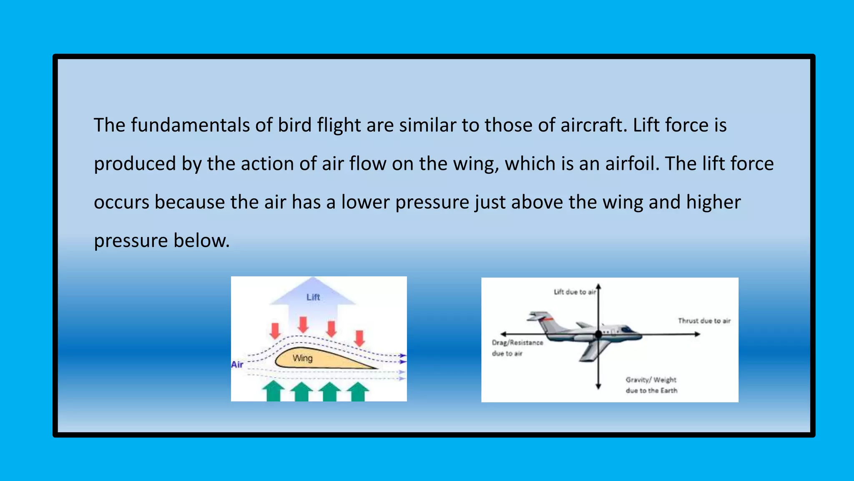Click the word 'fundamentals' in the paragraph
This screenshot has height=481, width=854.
pyautogui.click(x=190, y=125)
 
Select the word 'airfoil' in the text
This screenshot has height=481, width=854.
pyautogui.click(x=632, y=164)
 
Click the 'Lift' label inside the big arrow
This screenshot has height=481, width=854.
pyautogui.click(x=313, y=297)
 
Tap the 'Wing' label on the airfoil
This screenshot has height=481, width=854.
pyautogui.click(x=302, y=358)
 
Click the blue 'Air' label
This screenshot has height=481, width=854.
pyautogui.click(x=237, y=365)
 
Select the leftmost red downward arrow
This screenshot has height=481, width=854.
pyautogui.click(x=275, y=330)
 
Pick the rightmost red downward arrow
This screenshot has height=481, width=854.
pyautogui.click(x=359, y=338)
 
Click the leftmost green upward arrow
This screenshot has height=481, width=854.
pyautogui.click(x=273, y=391)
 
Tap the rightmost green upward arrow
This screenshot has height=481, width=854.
pyautogui.click(x=358, y=391)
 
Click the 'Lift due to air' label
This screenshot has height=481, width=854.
pyautogui.click(x=574, y=292)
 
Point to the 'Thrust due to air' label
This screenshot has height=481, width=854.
pyautogui.click(x=704, y=321)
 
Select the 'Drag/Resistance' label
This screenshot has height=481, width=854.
pyautogui.click(x=517, y=342)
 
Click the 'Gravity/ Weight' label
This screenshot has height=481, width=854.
pyautogui.click(x=651, y=380)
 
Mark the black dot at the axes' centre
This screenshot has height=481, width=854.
pyautogui.click(x=598, y=334)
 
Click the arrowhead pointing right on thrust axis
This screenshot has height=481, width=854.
pyautogui.click(x=697, y=334)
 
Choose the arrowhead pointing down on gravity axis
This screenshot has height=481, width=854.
pyautogui.click(x=598, y=386)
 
